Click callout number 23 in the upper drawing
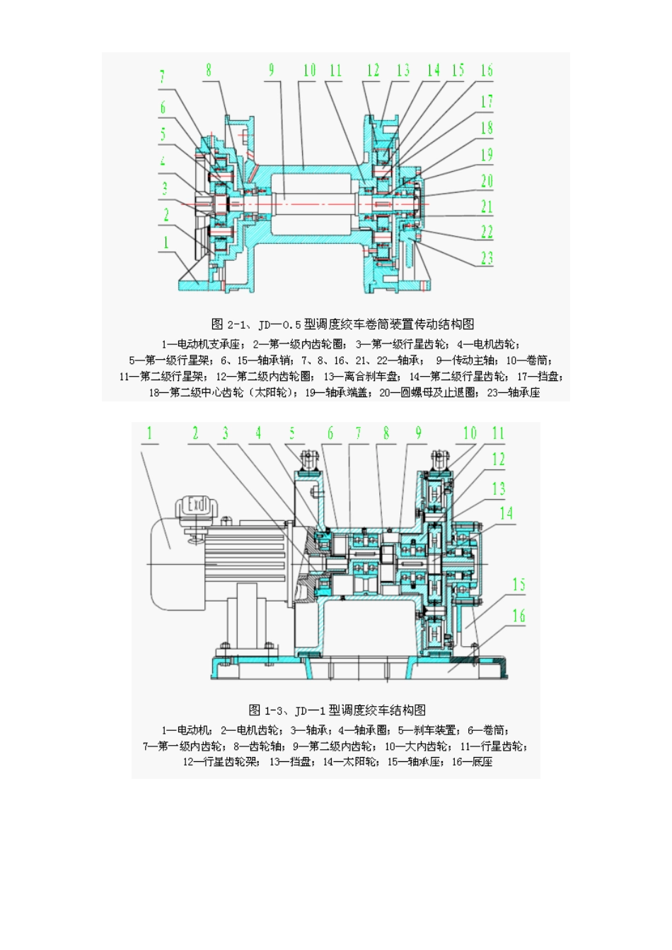(487, 257)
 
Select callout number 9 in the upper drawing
(271, 71)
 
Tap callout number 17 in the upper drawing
(487, 102)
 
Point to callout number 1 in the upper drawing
(166, 242)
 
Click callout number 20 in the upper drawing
(487, 181)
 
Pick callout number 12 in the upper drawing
(373, 71)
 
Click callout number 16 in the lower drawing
(519, 616)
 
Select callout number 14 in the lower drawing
(506, 514)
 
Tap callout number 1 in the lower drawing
(149, 433)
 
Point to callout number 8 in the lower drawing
(386, 433)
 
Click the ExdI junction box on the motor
(196, 505)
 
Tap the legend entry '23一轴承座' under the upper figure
(514, 392)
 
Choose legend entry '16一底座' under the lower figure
(472, 762)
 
